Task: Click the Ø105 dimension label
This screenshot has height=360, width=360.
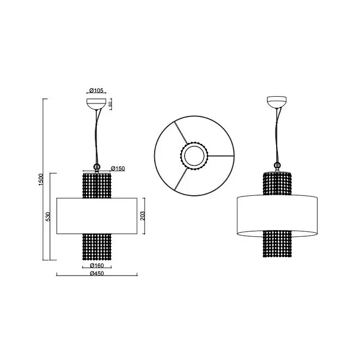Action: pos(96,90)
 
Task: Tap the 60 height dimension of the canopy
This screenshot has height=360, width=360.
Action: pos(110,104)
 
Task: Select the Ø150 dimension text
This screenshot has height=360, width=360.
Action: pos(118,168)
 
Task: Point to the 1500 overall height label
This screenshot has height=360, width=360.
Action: pos(40,179)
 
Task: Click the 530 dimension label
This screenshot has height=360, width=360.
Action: pos(48,217)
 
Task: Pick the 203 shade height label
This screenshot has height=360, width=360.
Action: pos(142,216)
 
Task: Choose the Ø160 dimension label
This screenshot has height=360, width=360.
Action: pos(97,265)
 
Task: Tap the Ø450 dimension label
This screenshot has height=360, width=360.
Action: pos(97,273)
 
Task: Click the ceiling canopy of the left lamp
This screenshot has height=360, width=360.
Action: pos(96,104)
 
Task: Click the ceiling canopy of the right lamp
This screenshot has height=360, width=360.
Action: pos(277,102)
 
